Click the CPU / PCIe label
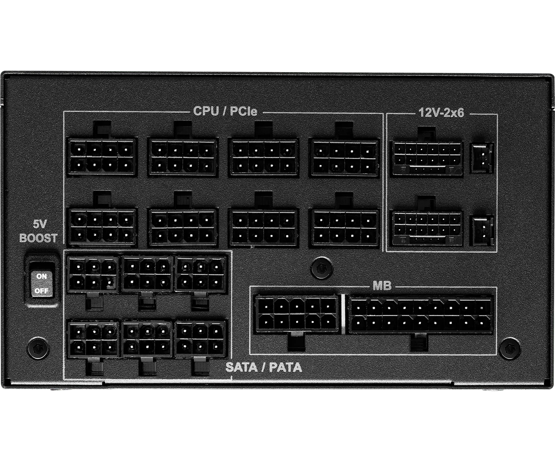[x=225, y=111]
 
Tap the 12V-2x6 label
[x=442, y=113]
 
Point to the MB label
[x=382, y=286]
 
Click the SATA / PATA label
[x=264, y=367]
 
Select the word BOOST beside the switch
[x=38, y=238]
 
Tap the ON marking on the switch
[x=42, y=276]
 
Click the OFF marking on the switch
[x=42, y=291]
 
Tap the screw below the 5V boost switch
[x=38, y=348]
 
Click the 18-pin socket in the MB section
[x=421, y=314]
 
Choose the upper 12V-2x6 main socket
[x=427, y=158]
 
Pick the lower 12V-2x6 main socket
[x=427, y=228]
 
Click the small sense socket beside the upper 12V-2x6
[x=482, y=158]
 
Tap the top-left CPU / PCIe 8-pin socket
[x=102, y=157]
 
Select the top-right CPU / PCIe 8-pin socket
[x=345, y=157]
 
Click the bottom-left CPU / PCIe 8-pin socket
[x=102, y=227]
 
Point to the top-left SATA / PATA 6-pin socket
[x=93, y=274]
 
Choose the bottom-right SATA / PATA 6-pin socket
[x=200, y=339]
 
